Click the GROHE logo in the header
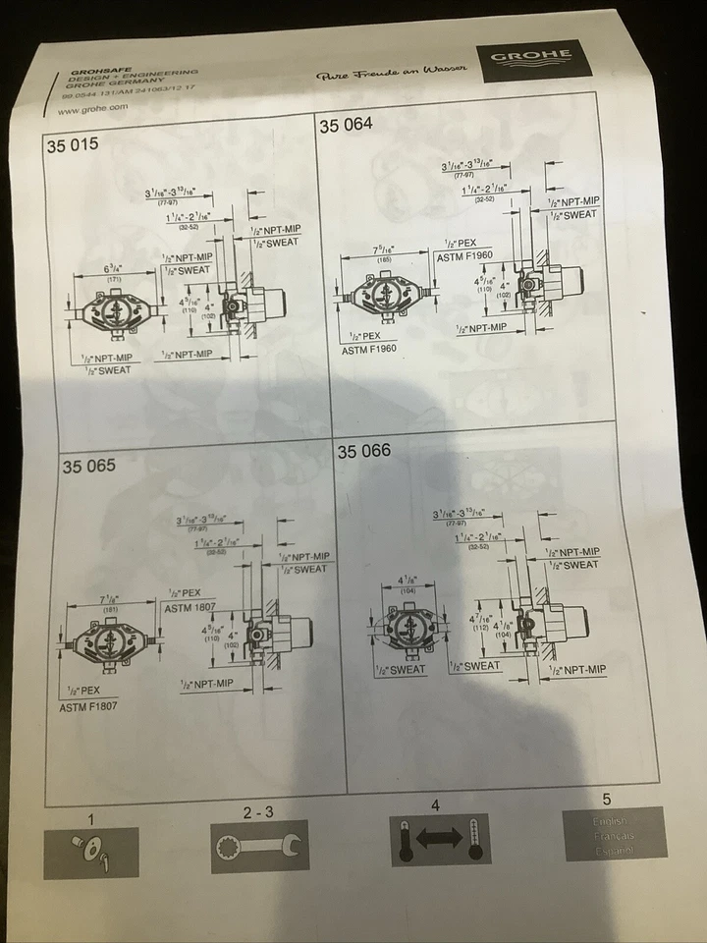pyautogui.click(x=533, y=59)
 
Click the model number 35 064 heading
pyautogui.click(x=347, y=124)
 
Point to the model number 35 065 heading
pyautogui.click(x=88, y=465)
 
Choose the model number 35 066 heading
pyautogui.click(x=364, y=451)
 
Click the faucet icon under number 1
pyautogui.click(x=90, y=851)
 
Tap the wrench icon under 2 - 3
pyautogui.click(x=260, y=845)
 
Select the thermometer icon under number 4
pyautogui.click(x=427, y=840)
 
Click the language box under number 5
pyautogui.click(x=615, y=834)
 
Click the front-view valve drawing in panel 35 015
pyautogui.click(x=118, y=311)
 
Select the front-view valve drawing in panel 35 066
pyautogui.click(x=408, y=625)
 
